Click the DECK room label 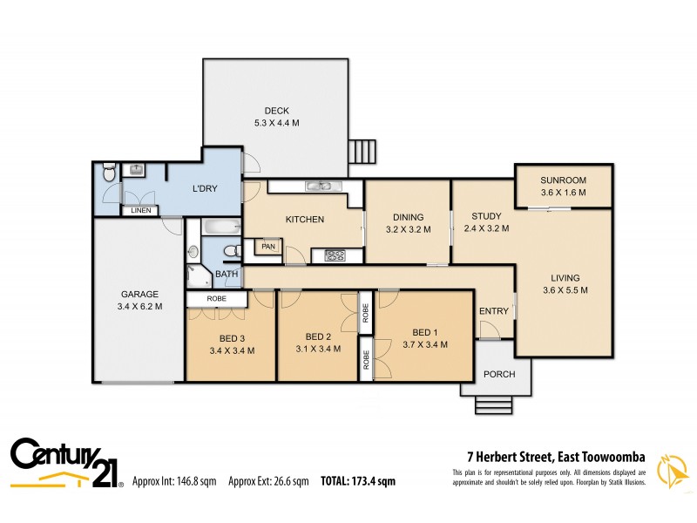tap(276, 111)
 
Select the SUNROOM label tap(563, 180)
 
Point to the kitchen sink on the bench tap(318, 186)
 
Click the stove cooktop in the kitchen tap(335, 255)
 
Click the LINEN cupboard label tap(140, 211)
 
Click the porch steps tap(493, 405)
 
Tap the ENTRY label tap(493, 312)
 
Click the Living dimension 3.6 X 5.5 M tap(565, 290)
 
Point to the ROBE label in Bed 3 tap(217, 299)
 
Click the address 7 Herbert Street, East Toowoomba tap(552, 455)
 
